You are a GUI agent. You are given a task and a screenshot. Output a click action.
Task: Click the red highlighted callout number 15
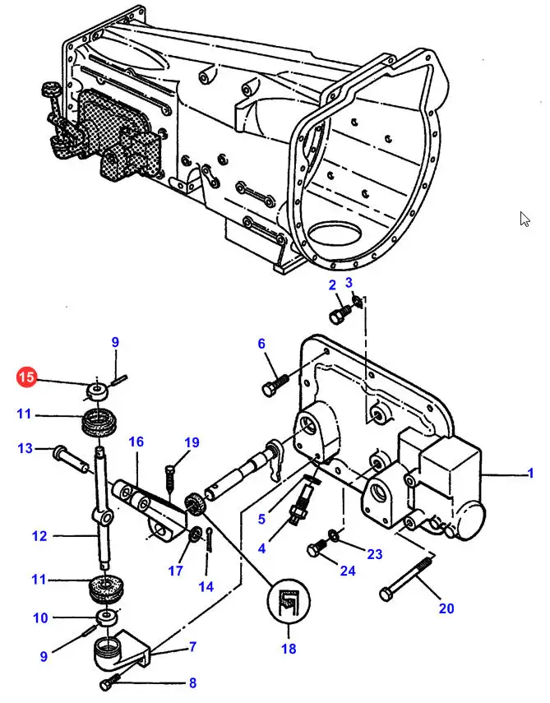point(26,377)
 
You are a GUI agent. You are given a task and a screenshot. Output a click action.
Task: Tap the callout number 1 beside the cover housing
point(531,473)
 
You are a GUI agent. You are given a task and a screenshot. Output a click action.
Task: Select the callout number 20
point(446,608)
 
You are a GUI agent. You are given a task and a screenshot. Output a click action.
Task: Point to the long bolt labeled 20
point(407,578)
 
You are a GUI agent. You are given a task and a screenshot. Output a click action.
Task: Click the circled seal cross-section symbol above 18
point(289,601)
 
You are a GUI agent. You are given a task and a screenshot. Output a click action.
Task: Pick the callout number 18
point(289,648)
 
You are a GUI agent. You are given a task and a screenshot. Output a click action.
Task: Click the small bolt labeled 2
point(340,313)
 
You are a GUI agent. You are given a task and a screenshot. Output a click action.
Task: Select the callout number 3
point(349,283)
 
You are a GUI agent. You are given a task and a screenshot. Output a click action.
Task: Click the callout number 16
point(136,442)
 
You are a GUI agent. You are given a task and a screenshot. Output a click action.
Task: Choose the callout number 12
point(39,536)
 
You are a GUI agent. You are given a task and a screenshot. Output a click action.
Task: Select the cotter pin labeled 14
point(210,539)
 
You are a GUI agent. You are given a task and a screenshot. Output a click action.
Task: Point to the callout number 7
point(192,646)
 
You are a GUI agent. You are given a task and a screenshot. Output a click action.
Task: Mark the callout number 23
point(374,553)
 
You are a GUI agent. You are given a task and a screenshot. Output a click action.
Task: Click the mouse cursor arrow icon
point(525,220)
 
